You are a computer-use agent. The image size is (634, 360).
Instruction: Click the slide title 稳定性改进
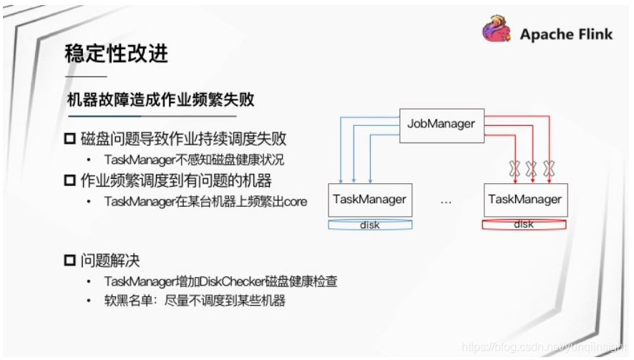(x=117, y=53)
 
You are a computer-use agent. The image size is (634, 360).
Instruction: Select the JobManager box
(x=441, y=124)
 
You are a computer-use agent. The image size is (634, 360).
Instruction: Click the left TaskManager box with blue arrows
(x=369, y=200)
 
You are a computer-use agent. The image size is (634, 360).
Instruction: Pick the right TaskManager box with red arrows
(x=525, y=200)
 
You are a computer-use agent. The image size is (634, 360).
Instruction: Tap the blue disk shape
(x=369, y=225)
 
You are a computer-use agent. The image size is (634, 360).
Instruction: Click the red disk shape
(x=524, y=225)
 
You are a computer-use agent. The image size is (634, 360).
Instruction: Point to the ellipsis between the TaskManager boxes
(x=446, y=201)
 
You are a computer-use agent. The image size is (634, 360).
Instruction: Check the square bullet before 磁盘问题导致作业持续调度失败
(x=70, y=138)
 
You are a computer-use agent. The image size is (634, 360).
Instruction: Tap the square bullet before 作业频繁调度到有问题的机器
(x=70, y=180)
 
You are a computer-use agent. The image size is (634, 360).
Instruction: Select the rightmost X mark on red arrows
(x=549, y=169)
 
